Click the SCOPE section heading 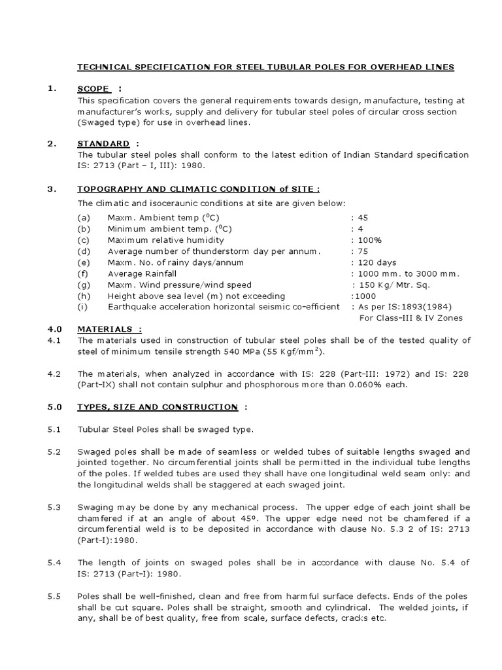pyautogui.click(x=93, y=89)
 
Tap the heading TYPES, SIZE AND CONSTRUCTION pyautogui.click(x=157, y=407)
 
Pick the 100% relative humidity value pyautogui.click(x=368, y=240)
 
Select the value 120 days pyautogui.click(x=372, y=262)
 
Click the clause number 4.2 pyautogui.click(x=54, y=374)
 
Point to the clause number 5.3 pyautogui.click(x=54, y=507)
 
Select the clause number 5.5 pyautogui.click(x=54, y=596)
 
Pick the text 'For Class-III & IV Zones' pyautogui.click(x=411, y=318)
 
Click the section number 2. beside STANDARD pyautogui.click(x=52, y=143)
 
